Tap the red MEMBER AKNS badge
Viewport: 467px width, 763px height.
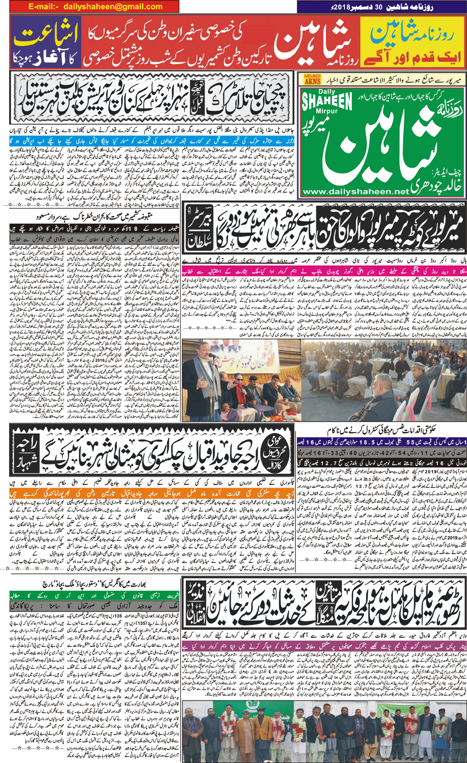pyautogui.click(x=312, y=79)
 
